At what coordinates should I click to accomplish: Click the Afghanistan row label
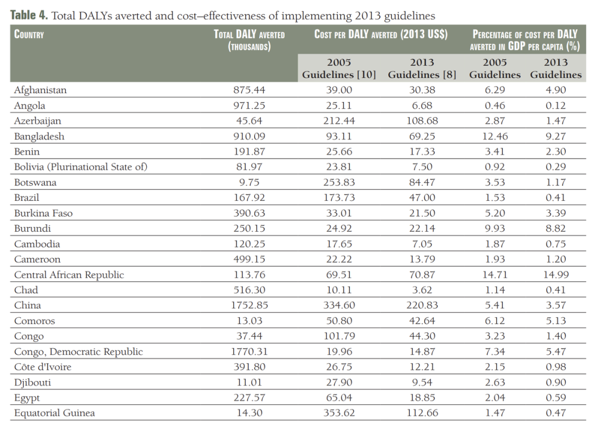(x=40, y=90)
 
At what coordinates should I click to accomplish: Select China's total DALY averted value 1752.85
(x=249, y=305)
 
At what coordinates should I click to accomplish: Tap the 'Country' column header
(x=29, y=34)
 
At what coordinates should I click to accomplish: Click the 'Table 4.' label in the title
(x=29, y=16)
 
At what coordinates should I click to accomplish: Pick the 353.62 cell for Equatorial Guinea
(x=339, y=413)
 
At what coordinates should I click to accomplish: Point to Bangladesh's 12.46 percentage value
(x=495, y=136)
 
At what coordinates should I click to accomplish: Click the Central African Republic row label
(x=69, y=275)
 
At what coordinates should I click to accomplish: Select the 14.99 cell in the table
(x=556, y=275)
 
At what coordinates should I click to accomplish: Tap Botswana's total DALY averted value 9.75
(x=249, y=182)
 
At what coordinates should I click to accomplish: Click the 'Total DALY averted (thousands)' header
(x=249, y=40)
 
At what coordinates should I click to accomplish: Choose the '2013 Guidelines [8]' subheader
(x=422, y=68)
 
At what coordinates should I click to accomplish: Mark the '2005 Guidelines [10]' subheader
(x=339, y=68)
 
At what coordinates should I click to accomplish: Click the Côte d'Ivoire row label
(x=43, y=367)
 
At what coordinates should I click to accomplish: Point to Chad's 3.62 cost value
(x=422, y=290)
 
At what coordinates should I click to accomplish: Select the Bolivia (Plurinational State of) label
(x=81, y=167)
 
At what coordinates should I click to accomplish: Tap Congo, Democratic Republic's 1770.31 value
(x=249, y=352)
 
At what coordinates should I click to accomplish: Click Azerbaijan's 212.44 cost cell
(x=339, y=121)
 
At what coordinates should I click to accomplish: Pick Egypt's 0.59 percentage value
(x=556, y=398)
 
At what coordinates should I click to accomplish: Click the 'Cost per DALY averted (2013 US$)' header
(x=381, y=34)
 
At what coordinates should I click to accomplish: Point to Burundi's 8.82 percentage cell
(x=556, y=228)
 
